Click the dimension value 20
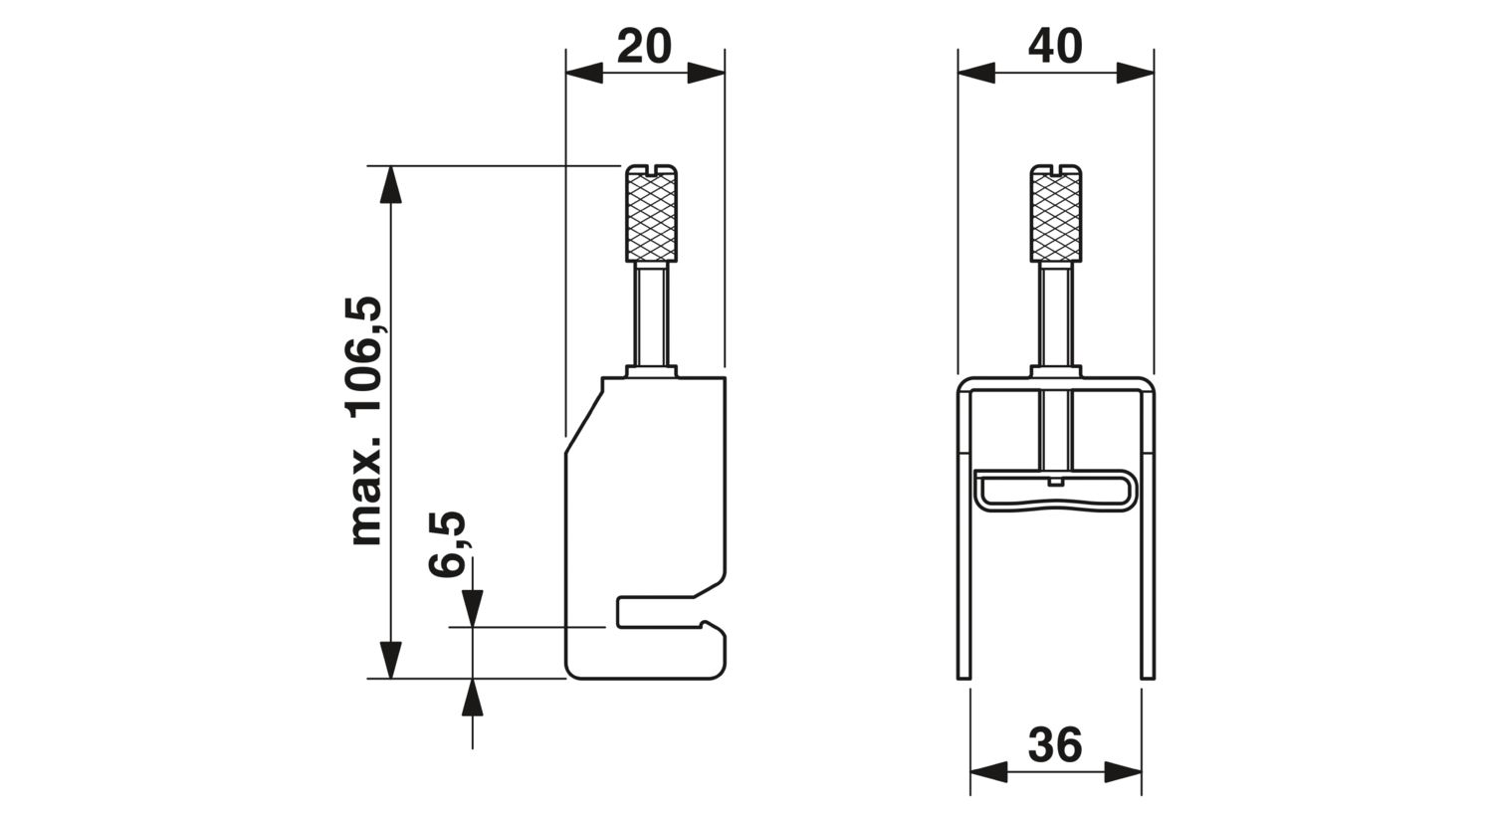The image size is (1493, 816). pos(644,46)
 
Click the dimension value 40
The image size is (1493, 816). pos(1055,46)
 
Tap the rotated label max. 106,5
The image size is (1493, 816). pos(366,420)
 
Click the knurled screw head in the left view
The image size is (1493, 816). pos(651,213)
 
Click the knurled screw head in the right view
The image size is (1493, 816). pos(1056,213)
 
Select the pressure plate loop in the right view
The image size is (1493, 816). pos(1056,491)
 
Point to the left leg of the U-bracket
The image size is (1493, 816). pos(963,533)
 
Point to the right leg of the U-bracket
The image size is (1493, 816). pos(1148,533)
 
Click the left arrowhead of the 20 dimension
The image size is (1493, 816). pos(584,73)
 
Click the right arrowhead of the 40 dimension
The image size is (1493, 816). pos(1136,73)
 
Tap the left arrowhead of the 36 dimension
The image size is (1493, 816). pos(989,772)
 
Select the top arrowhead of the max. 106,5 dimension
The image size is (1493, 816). pos(390,184)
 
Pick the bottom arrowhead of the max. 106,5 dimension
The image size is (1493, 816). pos(390,660)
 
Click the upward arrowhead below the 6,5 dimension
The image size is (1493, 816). pos(473,698)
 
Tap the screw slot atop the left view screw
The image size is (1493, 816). pos(651,169)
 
